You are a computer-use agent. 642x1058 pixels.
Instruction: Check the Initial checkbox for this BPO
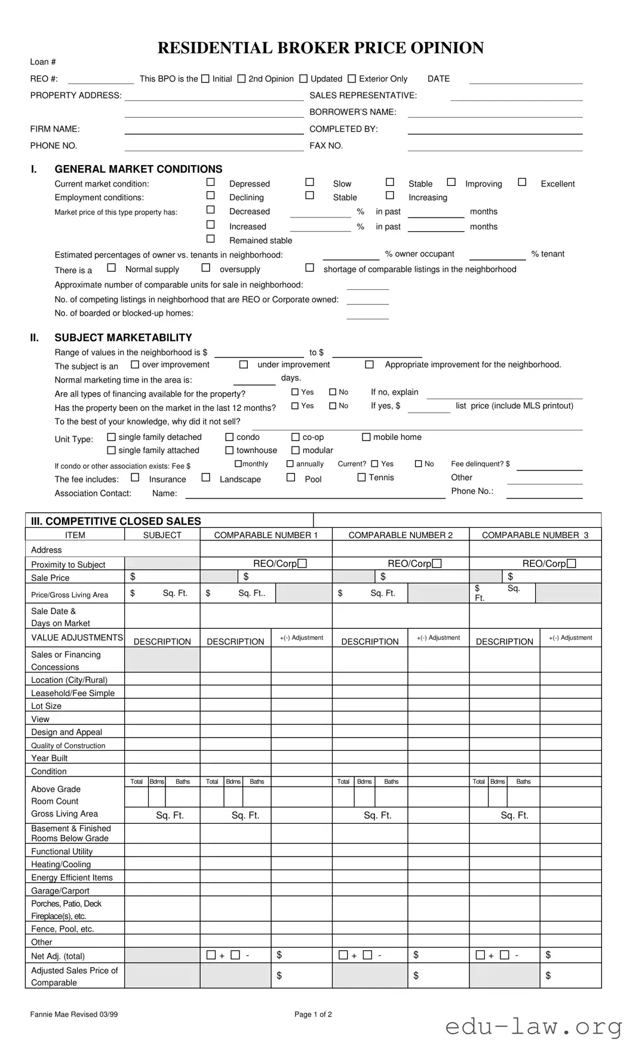coord(205,78)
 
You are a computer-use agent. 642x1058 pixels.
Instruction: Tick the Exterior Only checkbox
coord(352,78)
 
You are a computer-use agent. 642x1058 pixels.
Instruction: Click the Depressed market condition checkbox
coord(210,182)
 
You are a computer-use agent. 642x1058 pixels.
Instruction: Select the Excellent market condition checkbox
coord(522,182)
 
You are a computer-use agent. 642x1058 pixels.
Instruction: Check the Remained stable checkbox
coord(210,238)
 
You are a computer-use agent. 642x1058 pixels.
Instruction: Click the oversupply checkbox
coord(205,268)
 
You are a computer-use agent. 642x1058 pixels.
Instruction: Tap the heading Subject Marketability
coord(123,337)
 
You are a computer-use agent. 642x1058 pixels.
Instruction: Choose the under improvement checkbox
coord(244,364)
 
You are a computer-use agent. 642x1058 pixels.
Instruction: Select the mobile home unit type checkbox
coord(366,437)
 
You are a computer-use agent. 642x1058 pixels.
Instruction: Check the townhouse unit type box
coord(229,450)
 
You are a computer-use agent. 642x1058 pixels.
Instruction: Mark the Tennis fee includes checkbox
coord(361,477)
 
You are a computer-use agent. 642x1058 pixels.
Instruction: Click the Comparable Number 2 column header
coord(400,535)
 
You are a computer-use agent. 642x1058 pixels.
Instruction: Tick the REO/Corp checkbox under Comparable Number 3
coord(572,563)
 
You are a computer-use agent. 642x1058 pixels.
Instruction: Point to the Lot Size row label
coord(47,706)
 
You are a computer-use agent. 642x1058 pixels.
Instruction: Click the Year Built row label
coord(50,758)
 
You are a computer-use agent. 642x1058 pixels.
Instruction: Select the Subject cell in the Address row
coord(162,549)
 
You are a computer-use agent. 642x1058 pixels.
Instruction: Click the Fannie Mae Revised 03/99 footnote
coord(74,1014)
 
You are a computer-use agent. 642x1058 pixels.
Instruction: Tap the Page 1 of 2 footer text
coord(313,1014)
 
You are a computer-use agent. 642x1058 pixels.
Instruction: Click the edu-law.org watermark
coord(533,1027)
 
